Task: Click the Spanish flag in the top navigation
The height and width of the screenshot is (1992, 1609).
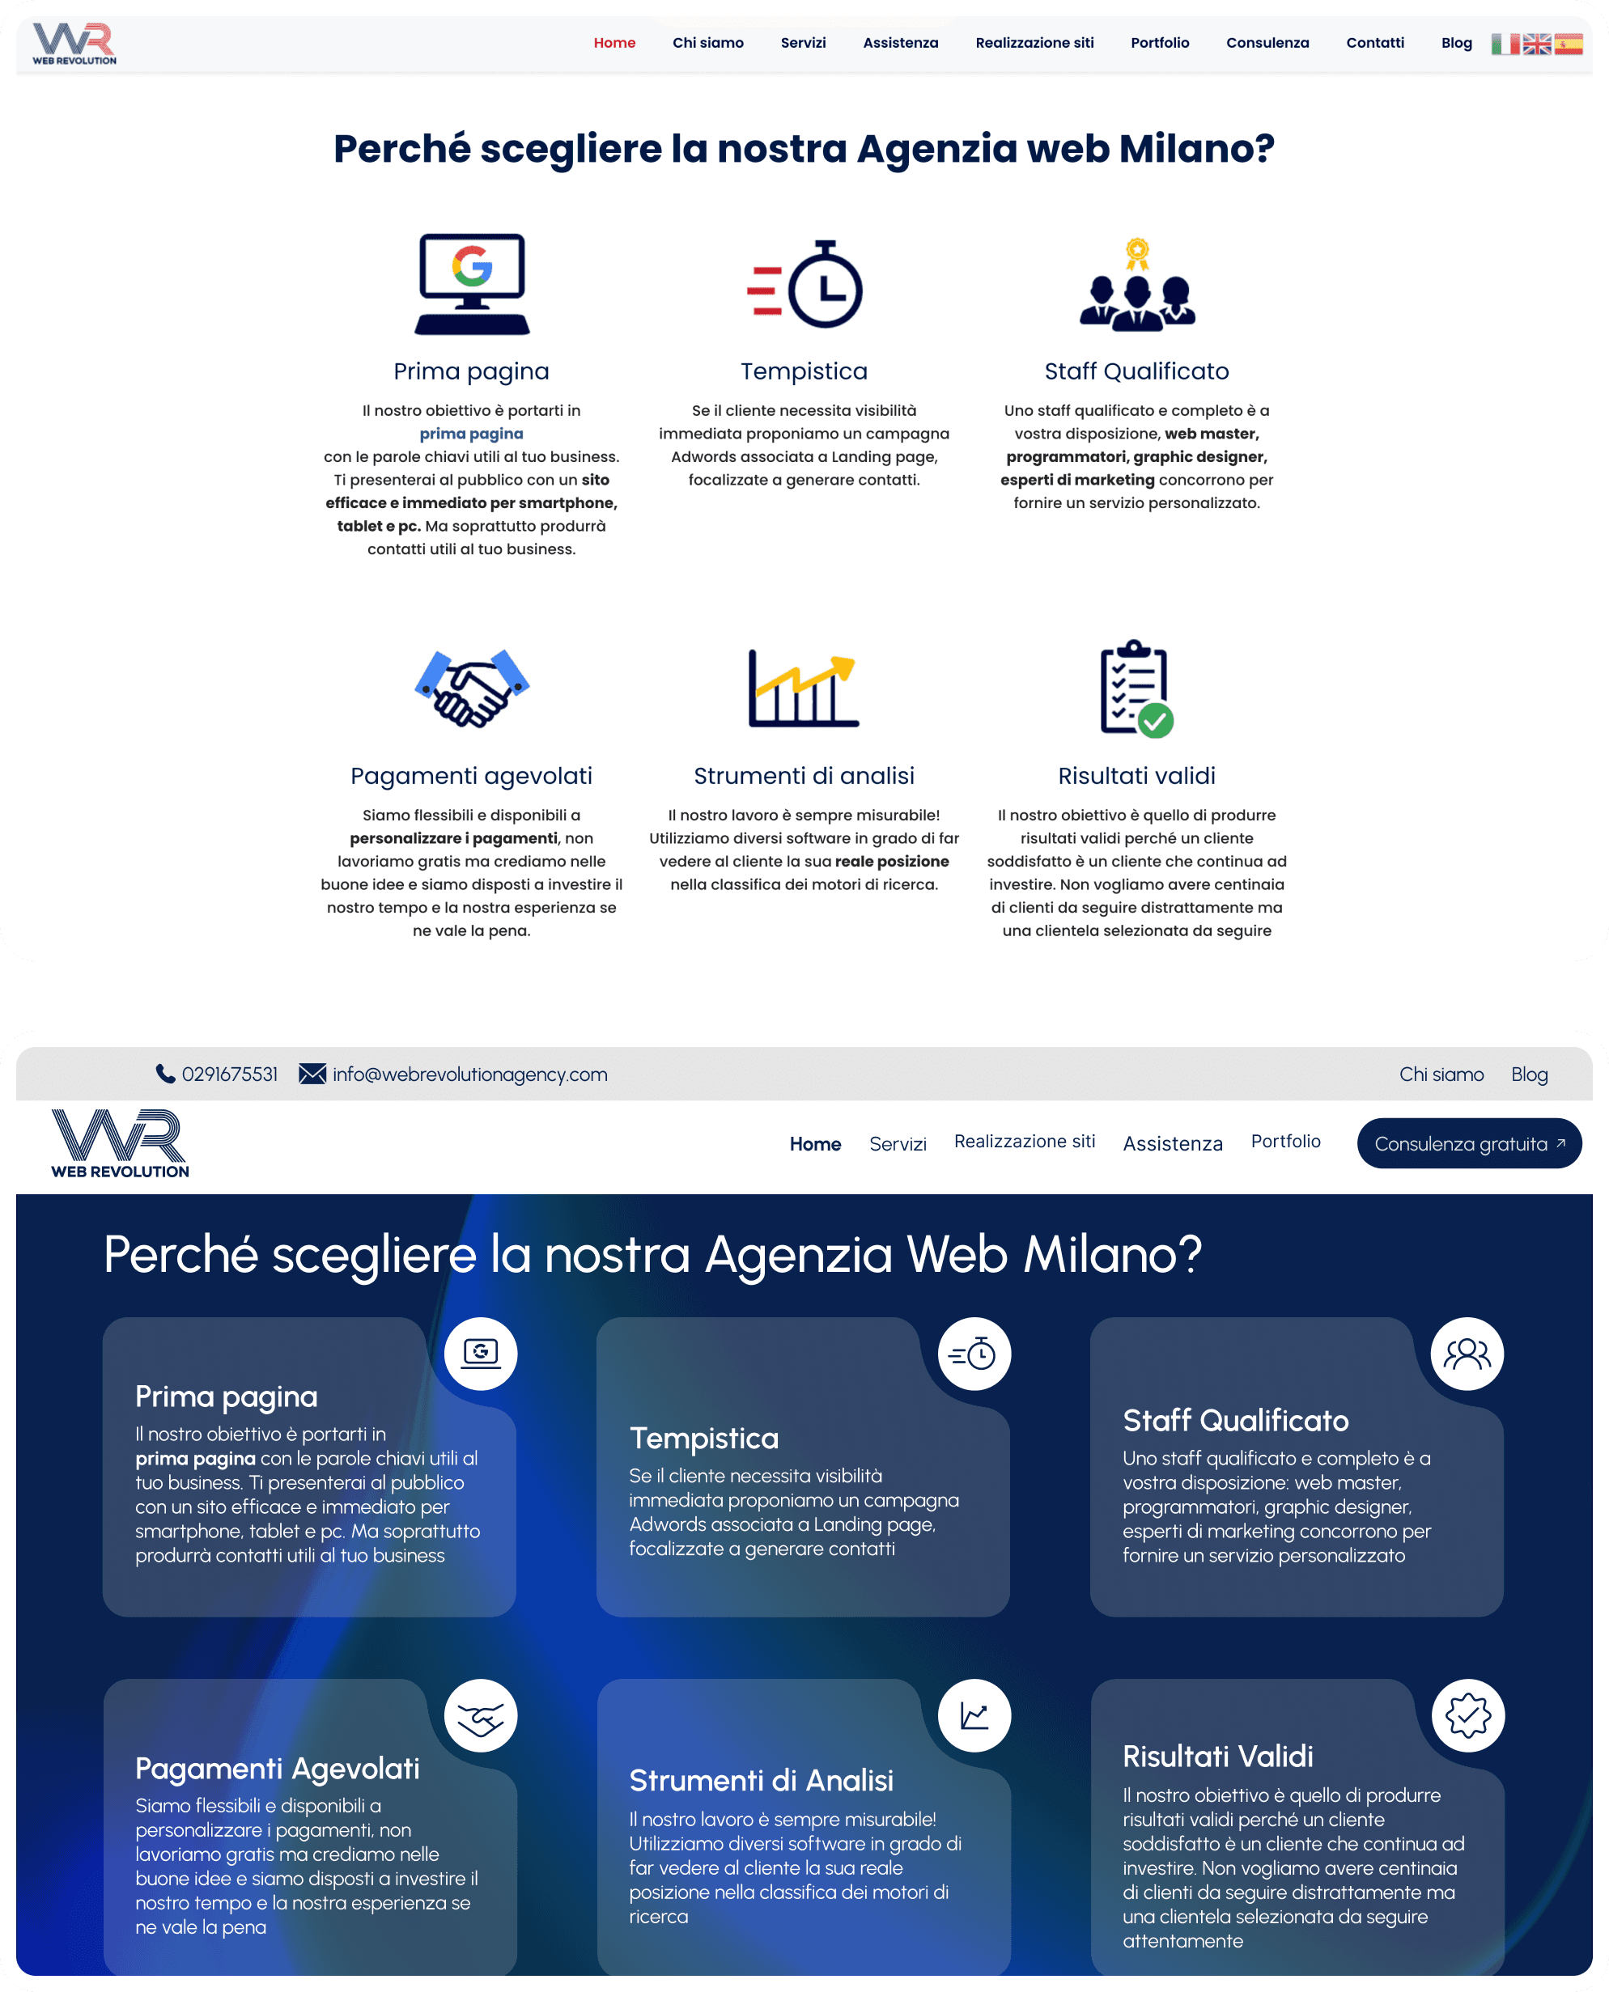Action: (x=1569, y=44)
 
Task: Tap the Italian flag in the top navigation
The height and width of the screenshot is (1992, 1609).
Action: (x=1505, y=44)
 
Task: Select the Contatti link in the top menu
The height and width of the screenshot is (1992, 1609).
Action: (x=1374, y=43)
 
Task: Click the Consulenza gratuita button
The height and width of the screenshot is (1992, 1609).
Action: (x=1468, y=1143)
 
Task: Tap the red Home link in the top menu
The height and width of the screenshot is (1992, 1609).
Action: (x=614, y=43)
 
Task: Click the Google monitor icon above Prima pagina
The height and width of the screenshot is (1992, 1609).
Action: (x=472, y=282)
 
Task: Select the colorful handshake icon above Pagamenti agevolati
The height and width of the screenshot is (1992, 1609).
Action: (x=472, y=688)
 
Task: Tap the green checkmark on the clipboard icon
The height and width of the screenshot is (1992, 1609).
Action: (x=1155, y=720)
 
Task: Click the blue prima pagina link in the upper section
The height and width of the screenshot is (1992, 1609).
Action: (x=471, y=434)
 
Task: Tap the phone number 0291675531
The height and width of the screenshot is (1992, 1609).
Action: (x=229, y=1074)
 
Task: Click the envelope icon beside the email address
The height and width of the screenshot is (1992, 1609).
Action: (x=312, y=1074)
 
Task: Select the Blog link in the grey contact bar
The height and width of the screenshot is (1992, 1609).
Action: (x=1528, y=1074)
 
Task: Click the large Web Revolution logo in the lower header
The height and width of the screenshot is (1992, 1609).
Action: (x=120, y=1142)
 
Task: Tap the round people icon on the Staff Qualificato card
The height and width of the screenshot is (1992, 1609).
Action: (x=1467, y=1354)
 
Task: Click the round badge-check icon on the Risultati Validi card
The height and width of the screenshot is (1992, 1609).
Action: (x=1467, y=1715)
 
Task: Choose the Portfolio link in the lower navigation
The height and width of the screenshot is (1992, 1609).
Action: (x=1284, y=1141)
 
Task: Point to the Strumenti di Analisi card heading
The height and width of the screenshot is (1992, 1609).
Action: (x=761, y=1780)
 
